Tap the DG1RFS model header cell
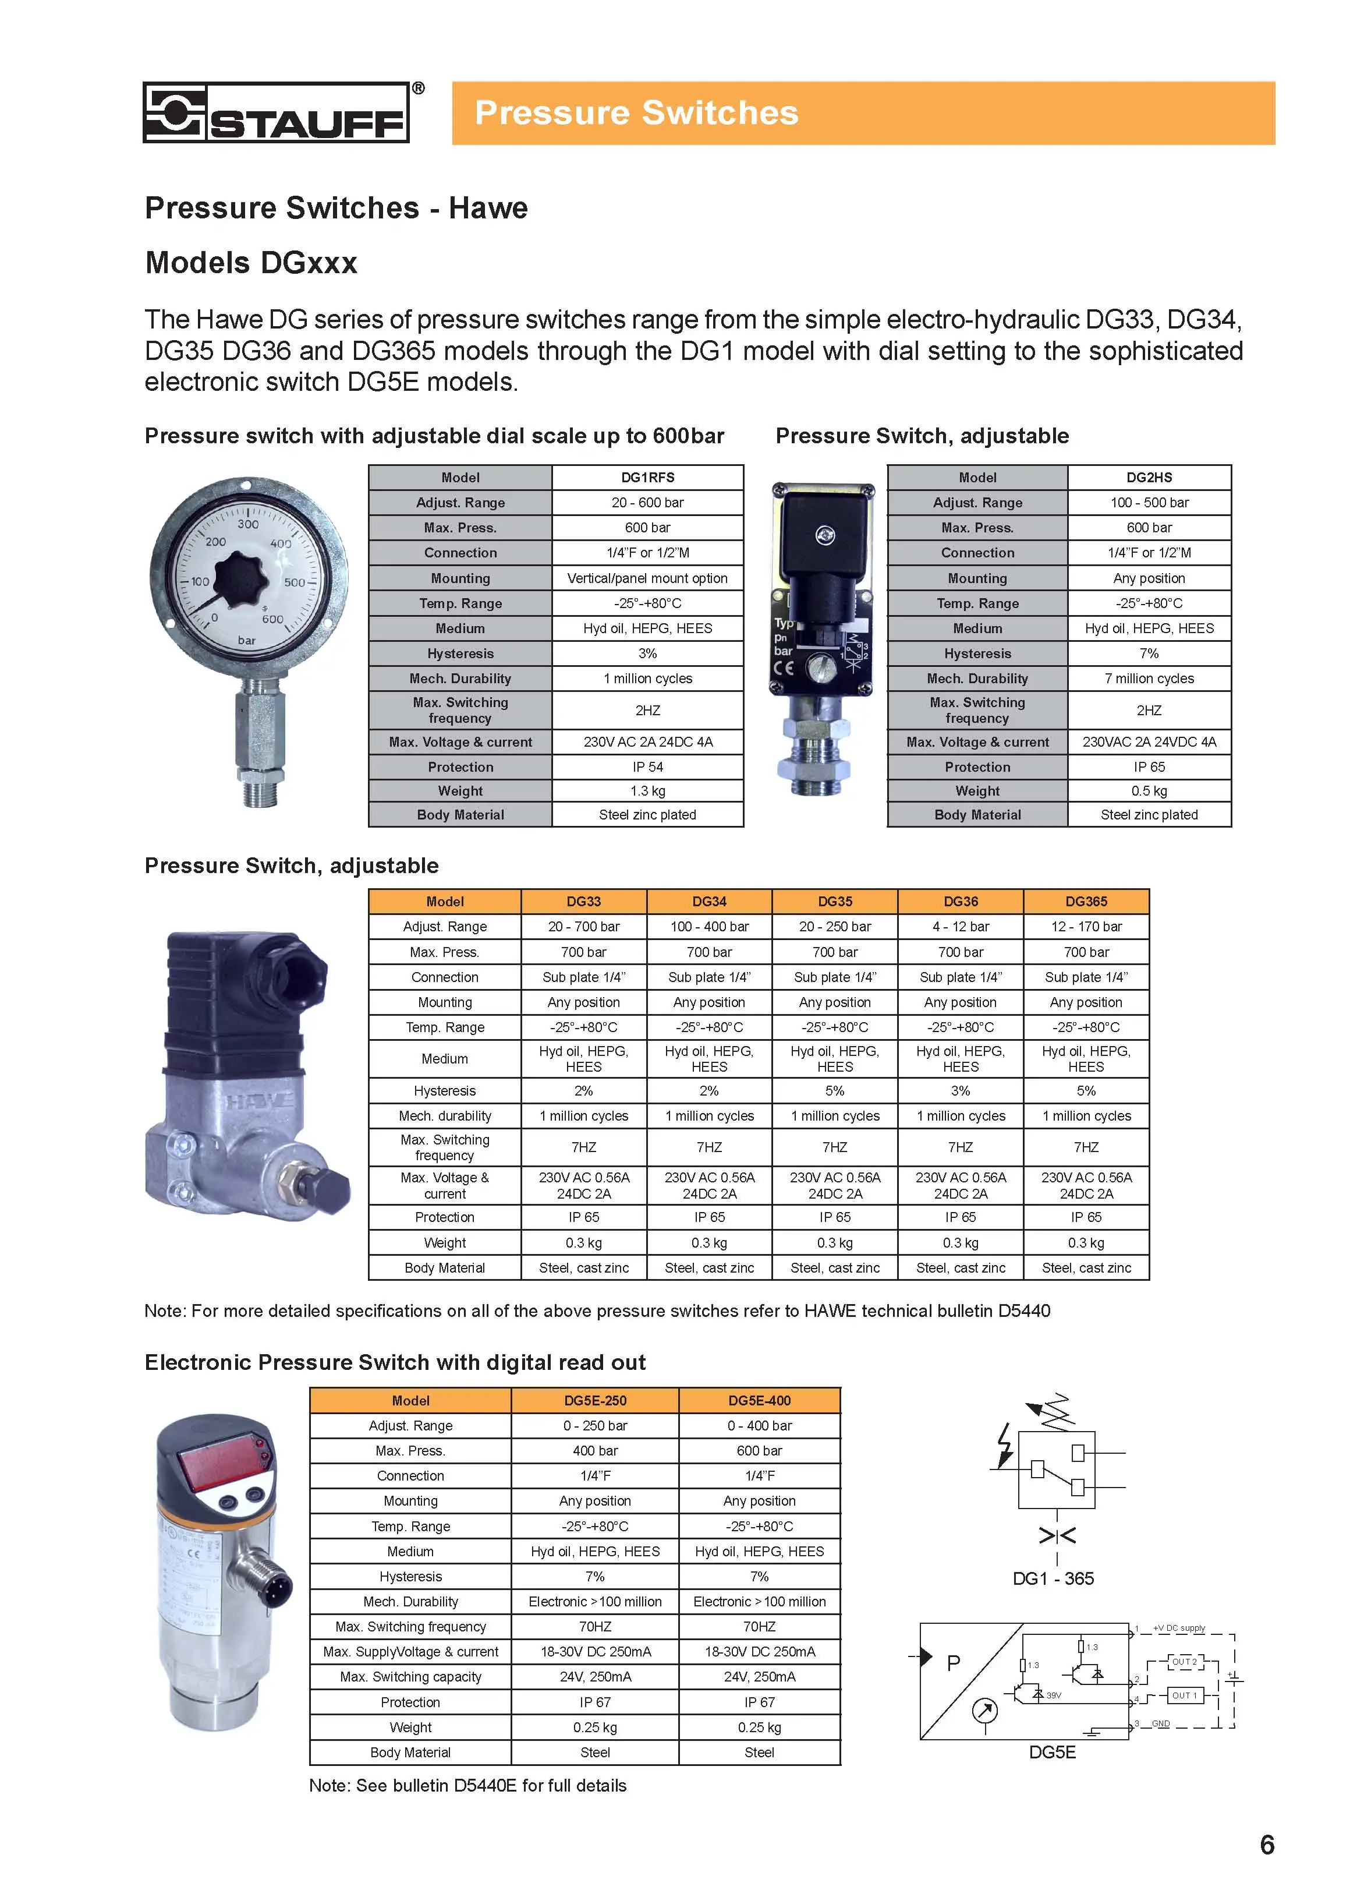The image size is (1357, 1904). [x=647, y=477]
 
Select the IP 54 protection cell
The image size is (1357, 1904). [x=647, y=766]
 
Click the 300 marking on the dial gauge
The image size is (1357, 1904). [x=248, y=524]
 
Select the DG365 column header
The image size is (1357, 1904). [x=1086, y=901]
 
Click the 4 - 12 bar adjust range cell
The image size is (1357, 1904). [x=960, y=926]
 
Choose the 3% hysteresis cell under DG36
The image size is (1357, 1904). [x=960, y=1091]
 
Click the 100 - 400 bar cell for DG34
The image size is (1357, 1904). [x=708, y=926]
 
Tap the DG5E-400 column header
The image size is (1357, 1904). [x=759, y=1400]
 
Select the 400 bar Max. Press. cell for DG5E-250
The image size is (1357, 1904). [x=595, y=1450]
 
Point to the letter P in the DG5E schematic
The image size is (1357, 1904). [x=954, y=1663]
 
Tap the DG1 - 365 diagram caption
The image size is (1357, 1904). [x=1053, y=1578]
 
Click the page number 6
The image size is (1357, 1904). [x=1266, y=1845]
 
